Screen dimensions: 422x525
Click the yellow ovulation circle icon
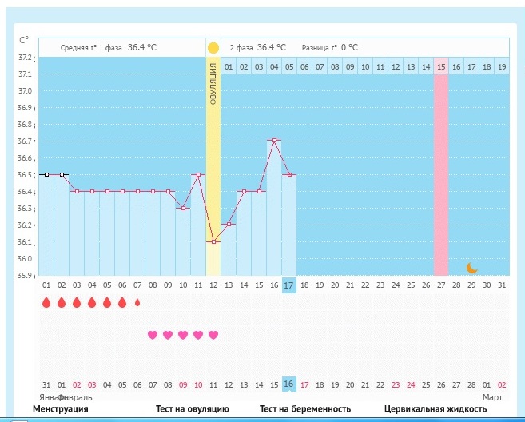(213, 48)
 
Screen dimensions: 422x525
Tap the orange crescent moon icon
(471, 268)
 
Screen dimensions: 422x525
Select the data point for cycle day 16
(274, 141)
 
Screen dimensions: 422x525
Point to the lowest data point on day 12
(213, 241)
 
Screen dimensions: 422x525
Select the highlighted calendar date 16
(289, 384)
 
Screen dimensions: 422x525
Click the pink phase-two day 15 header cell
(441, 67)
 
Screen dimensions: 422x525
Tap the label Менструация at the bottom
(61, 410)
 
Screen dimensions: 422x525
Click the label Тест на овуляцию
(193, 410)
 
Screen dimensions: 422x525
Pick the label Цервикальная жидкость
(436, 410)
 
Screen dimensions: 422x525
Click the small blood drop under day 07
(137, 303)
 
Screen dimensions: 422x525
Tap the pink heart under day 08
(153, 335)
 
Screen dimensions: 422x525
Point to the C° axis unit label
(23, 39)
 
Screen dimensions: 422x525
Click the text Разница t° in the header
(319, 48)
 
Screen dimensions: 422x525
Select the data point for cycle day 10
(183, 208)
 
